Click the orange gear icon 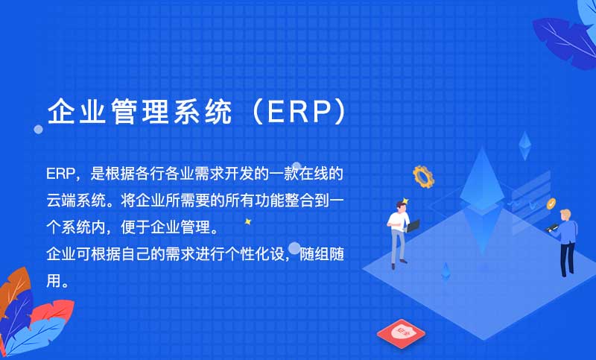[422, 177]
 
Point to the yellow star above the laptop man [405, 199]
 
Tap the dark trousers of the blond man [567, 258]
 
